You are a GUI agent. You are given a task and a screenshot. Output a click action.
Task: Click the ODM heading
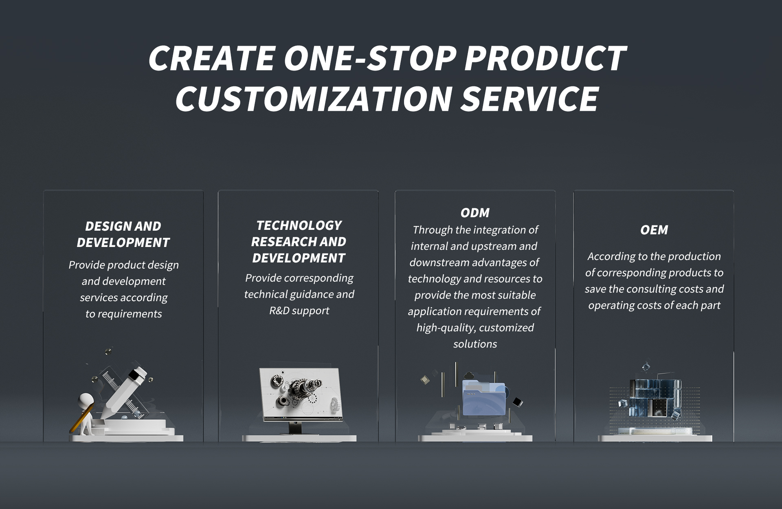475,213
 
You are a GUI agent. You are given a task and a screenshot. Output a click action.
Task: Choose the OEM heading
654,230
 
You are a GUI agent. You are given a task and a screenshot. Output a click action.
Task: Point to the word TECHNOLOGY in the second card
299,225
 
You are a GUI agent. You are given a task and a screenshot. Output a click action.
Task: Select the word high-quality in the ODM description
446,328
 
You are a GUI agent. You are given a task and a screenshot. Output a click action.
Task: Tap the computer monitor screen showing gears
301,394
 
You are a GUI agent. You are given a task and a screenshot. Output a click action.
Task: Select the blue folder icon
484,399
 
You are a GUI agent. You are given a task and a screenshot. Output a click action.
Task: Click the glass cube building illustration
655,398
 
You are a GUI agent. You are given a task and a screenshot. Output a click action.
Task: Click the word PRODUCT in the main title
545,57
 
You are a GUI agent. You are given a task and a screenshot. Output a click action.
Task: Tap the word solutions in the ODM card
475,344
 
